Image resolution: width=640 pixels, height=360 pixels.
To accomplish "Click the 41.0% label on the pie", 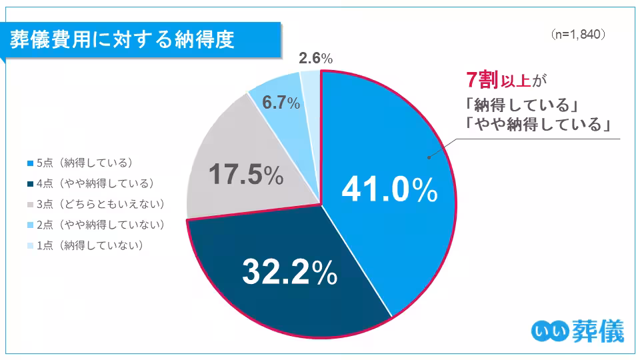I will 389,191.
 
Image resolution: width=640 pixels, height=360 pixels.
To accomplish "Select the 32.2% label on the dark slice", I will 289,272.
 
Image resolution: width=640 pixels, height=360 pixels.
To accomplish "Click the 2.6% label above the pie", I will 315,59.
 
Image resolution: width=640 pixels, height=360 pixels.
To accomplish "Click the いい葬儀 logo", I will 579,331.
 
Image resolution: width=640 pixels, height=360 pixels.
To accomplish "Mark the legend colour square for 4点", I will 29,183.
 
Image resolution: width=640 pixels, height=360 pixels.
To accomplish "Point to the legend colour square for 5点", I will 29,163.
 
